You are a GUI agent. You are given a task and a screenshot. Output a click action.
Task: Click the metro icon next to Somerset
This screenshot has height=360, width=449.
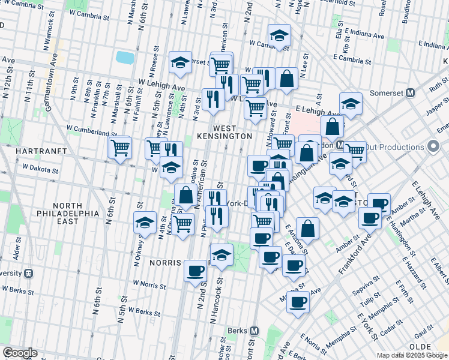(411, 93)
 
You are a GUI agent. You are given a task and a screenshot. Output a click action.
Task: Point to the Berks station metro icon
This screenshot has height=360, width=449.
(255, 331)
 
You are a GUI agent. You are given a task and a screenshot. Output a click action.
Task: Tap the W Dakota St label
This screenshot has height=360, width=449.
(41, 170)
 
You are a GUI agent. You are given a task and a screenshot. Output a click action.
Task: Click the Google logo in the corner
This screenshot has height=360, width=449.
(20, 353)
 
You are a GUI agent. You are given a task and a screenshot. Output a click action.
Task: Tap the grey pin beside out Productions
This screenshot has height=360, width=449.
(433, 147)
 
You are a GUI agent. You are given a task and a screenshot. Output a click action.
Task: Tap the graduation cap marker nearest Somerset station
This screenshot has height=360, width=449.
(351, 103)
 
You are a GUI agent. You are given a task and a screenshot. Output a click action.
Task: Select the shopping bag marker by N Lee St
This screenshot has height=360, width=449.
(287, 77)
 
